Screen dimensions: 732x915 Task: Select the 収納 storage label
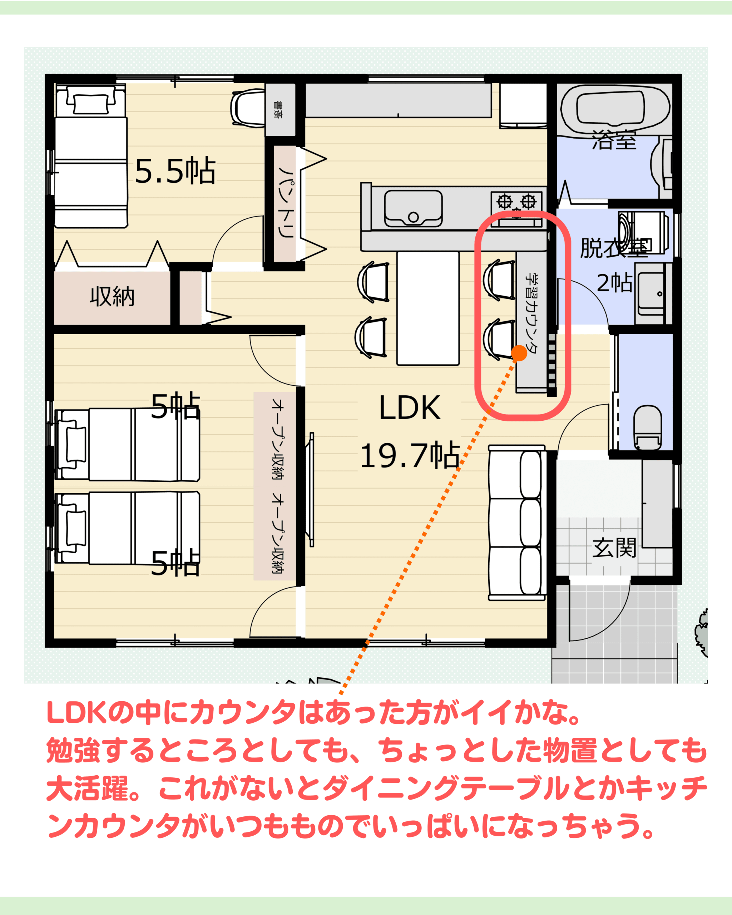coord(112,296)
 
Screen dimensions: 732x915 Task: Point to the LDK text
coord(410,408)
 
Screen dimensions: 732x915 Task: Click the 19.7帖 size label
coord(410,455)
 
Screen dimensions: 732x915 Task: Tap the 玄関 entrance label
coord(614,548)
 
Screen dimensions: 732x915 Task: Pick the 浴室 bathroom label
coord(614,140)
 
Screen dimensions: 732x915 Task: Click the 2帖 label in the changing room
coord(614,283)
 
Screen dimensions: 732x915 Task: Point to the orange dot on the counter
coord(519,353)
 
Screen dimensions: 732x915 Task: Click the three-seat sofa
coord(517,523)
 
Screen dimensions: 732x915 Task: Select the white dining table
coord(428,308)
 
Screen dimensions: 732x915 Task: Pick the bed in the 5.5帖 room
coord(91,156)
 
